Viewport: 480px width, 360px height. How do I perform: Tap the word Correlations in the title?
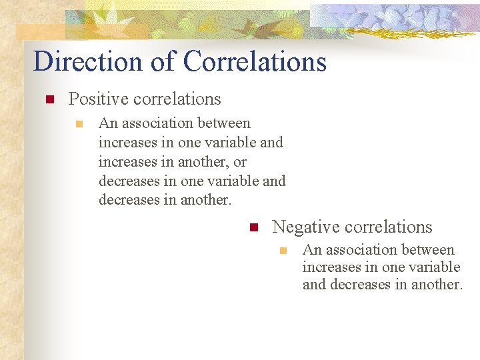255,61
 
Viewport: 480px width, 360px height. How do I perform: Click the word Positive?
98,99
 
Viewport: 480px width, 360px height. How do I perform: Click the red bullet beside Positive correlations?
49,100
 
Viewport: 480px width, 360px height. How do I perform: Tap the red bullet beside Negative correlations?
253,228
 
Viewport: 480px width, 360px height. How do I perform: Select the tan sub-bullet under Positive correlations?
79,124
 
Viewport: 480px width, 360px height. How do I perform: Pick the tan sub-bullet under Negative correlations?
283,251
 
